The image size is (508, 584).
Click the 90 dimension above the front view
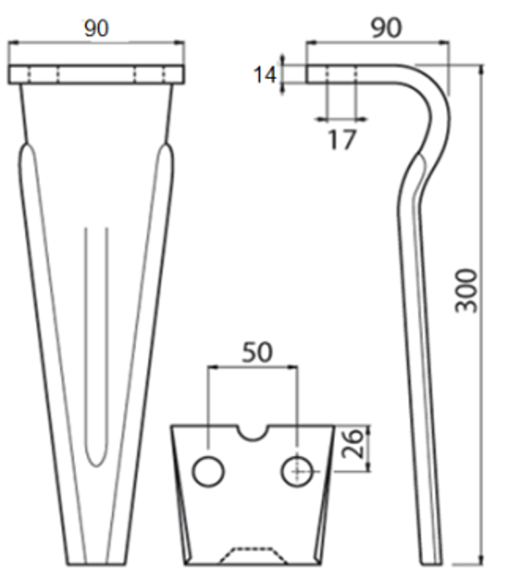[x=96, y=28]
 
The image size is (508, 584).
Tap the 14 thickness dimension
[x=265, y=74]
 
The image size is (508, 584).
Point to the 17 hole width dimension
[x=342, y=140]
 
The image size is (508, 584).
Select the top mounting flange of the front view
[x=96, y=74]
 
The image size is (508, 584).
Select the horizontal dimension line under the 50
[x=253, y=368]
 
